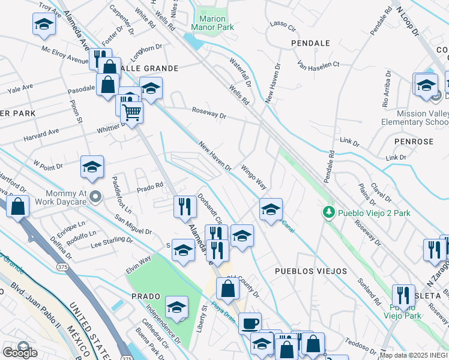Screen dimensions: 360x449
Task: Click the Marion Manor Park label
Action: (208, 23)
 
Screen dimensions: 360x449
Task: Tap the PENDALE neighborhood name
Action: (310, 43)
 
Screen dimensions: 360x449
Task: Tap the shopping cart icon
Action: (131, 112)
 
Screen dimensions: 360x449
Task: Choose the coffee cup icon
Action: (250, 323)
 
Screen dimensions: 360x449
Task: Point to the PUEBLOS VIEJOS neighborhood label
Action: (310, 271)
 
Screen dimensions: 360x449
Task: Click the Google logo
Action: (20, 353)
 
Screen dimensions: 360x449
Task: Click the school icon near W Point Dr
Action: (92, 168)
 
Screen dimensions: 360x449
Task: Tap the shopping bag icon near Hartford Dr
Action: (19, 207)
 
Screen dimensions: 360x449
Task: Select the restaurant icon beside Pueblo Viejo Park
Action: (403, 295)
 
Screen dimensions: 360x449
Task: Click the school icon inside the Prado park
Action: (176, 308)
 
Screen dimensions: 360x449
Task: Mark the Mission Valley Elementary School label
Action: (414, 118)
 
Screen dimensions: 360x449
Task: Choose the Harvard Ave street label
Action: (41, 131)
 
